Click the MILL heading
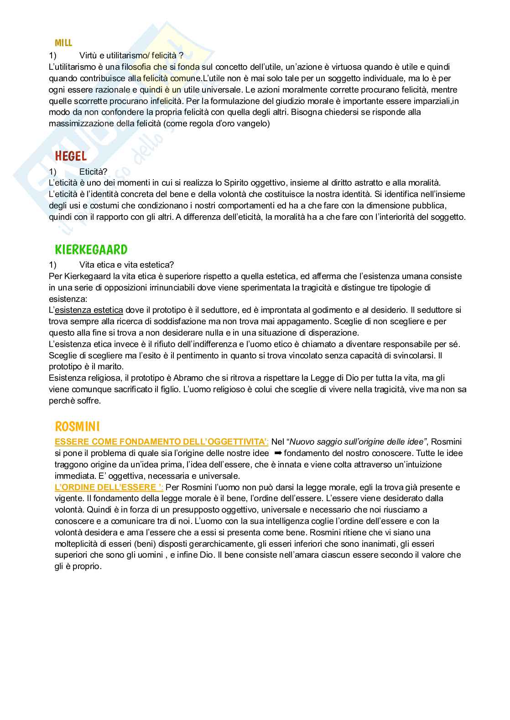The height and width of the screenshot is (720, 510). (63, 43)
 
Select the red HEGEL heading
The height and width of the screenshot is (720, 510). (71, 156)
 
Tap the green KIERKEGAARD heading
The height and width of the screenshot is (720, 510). (91, 250)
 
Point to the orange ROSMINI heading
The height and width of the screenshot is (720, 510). (77, 427)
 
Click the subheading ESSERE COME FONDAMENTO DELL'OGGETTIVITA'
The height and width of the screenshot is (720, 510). (161, 442)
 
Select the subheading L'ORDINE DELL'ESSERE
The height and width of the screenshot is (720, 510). (109, 487)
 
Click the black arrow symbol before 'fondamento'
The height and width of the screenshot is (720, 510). (278, 453)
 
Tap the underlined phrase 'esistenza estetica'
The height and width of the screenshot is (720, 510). (89, 310)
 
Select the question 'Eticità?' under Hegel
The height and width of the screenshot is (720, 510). (93, 171)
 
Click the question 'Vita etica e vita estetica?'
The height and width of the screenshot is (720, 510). (126, 265)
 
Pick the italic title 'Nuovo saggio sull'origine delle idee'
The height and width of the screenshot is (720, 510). (358, 442)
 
